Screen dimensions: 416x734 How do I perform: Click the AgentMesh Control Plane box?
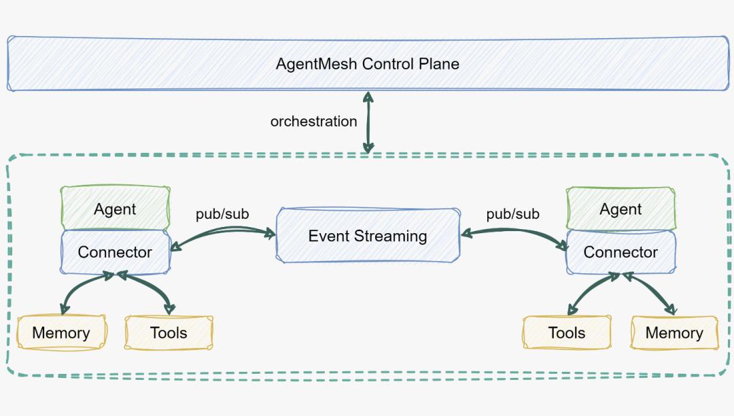[x=367, y=64]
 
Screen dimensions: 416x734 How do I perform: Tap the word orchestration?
[x=313, y=122]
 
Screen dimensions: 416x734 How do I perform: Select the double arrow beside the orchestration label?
[x=368, y=122]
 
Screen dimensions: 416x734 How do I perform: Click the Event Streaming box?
[x=368, y=236]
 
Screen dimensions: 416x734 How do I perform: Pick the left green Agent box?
[x=115, y=209]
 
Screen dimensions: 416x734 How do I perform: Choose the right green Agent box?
[x=621, y=209]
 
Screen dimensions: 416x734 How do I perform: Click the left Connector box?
[x=115, y=252]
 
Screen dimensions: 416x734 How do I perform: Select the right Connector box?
[x=621, y=252]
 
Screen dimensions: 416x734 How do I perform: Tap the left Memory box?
[x=61, y=332]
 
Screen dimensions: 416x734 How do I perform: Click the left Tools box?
[x=169, y=332]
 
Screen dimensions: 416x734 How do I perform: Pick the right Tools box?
[x=567, y=332]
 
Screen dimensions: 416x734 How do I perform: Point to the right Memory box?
[x=674, y=332]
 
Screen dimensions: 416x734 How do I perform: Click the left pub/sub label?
[x=222, y=214]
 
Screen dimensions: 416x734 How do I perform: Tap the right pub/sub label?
[x=513, y=214]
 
